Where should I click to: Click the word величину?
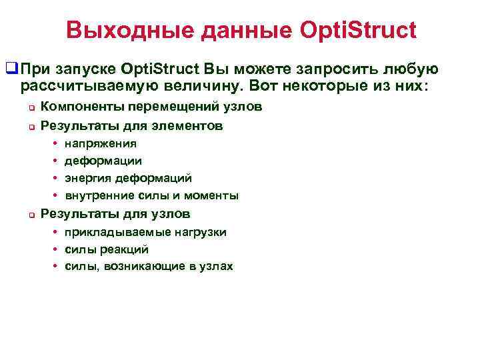pyautogui.click(x=203, y=86)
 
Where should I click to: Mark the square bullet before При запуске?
pyautogui.click(x=11, y=69)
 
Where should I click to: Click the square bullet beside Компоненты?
pyautogui.click(x=30, y=107)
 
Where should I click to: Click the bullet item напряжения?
pyautogui.click(x=100, y=143)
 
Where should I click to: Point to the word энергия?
pyautogui.click(x=87, y=178)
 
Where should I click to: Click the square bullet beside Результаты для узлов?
pyautogui.click(x=30, y=215)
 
